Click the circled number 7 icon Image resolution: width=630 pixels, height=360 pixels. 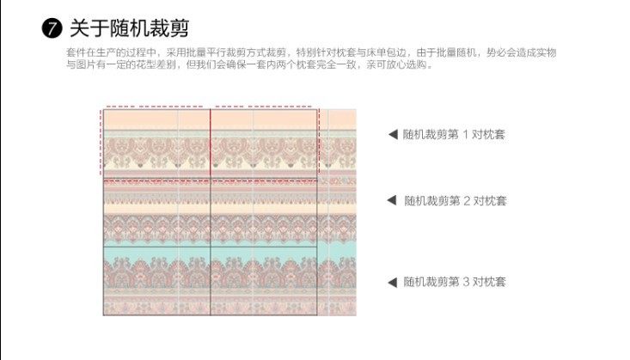[x=52, y=28]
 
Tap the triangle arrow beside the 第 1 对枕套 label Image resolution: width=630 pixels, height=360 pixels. [x=392, y=134]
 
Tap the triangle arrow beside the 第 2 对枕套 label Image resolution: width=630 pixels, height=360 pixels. [x=392, y=200]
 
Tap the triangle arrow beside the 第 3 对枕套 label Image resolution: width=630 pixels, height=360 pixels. [x=392, y=281]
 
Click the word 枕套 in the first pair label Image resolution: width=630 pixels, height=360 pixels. [x=494, y=134]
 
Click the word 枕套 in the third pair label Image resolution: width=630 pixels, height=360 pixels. [x=494, y=281]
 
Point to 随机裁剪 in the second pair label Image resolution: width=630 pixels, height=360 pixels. [x=427, y=200]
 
